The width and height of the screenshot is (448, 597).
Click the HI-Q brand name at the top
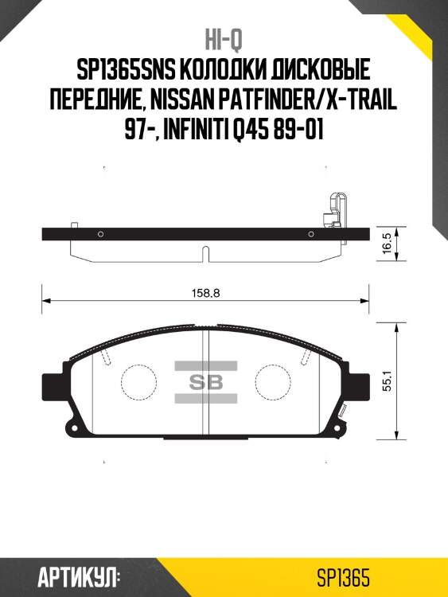(x=224, y=40)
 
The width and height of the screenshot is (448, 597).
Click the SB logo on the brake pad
(x=205, y=381)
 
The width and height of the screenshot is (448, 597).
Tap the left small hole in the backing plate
(x=100, y=233)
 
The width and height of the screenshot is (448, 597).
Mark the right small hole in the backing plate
(x=310, y=233)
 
